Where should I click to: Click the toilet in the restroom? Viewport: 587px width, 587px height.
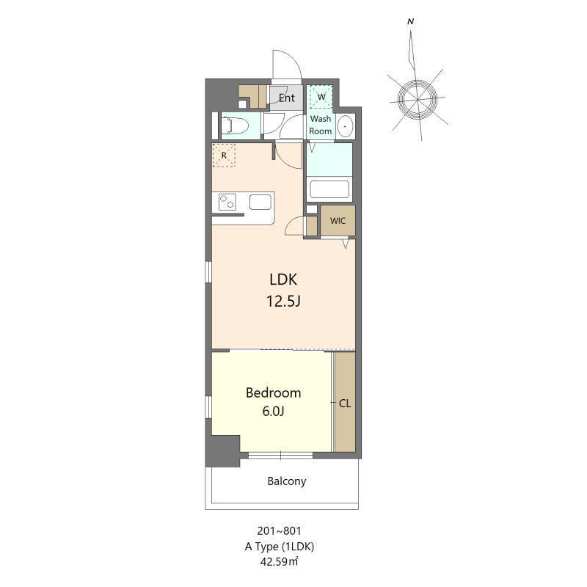click(235, 125)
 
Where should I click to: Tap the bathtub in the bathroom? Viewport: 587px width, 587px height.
click(329, 189)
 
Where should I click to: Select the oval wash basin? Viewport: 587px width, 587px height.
click(345, 125)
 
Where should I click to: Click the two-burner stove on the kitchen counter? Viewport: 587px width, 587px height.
click(227, 202)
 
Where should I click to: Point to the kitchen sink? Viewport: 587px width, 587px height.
click(260, 203)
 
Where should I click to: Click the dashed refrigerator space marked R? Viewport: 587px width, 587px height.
click(224, 155)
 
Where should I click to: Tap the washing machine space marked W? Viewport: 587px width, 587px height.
click(321, 97)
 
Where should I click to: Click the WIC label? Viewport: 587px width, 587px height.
click(338, 221)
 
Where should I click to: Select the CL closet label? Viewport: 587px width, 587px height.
click(345, 404)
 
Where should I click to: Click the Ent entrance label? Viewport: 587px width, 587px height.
click(286, 98)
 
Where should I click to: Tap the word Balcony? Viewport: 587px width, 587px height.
click(287, 481)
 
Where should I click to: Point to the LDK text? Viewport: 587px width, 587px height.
click(283, 280)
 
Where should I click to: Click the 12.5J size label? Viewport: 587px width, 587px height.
click(283, 301)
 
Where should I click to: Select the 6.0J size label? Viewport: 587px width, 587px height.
click(273, 411)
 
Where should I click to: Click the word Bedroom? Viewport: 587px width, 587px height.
click(273, 393)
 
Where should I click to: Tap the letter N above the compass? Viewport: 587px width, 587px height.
click(411, 22)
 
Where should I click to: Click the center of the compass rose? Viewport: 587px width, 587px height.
click(417, 100)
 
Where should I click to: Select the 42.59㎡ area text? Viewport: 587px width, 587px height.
click(280, 561)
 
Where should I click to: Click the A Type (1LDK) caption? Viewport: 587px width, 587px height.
click(280, 547)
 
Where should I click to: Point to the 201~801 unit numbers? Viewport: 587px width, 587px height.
click(280, 531)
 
